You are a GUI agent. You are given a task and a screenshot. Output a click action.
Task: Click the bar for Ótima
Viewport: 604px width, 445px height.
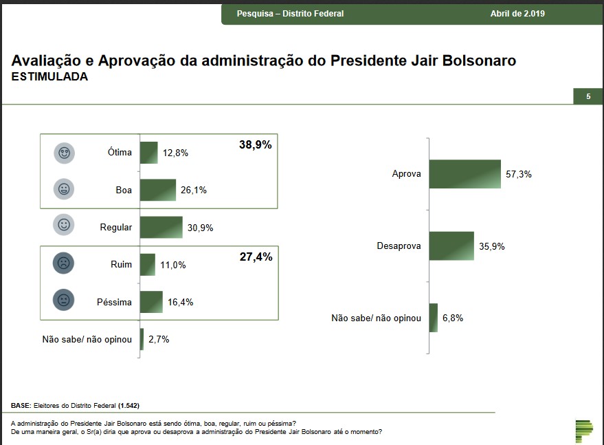point(148,153)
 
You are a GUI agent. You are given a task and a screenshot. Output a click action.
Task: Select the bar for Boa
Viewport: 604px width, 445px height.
point(157,190)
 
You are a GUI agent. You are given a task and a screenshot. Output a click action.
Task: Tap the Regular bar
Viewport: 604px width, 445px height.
point(161,227)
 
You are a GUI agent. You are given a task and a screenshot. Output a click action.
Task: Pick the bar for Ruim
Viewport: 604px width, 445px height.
point(147,265)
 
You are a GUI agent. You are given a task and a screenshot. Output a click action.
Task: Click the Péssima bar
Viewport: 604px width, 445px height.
point(151,302)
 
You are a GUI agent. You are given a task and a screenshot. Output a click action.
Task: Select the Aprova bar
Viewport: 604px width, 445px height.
point(465,174)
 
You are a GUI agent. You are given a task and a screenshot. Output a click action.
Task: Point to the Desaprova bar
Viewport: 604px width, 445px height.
point(451,246)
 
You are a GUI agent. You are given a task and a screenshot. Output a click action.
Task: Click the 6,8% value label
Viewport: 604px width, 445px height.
point(454,318)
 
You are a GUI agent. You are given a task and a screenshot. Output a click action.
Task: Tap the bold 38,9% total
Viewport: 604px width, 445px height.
point(256,144)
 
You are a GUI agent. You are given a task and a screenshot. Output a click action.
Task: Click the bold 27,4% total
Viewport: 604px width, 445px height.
point(256,257)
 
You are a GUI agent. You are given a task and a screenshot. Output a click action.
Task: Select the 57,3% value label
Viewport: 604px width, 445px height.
point(519,174)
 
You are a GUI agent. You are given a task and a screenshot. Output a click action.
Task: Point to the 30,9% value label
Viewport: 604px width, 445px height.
point(200,227)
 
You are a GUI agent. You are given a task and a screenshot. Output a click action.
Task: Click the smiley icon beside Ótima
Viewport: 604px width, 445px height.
point(64,153)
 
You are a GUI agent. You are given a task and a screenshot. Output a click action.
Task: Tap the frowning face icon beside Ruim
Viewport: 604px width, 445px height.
point(64,263)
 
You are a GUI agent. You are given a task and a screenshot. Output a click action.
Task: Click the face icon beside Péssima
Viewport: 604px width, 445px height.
point(64,301)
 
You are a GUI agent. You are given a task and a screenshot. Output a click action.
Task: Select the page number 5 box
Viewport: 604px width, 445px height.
point(588,97)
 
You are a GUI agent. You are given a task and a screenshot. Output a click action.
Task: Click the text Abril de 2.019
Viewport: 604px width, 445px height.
point(517,14)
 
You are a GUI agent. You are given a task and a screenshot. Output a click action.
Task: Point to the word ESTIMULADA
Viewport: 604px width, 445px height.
point(49,77)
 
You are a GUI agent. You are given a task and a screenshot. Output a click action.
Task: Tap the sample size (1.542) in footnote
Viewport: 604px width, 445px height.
point(133,404)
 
